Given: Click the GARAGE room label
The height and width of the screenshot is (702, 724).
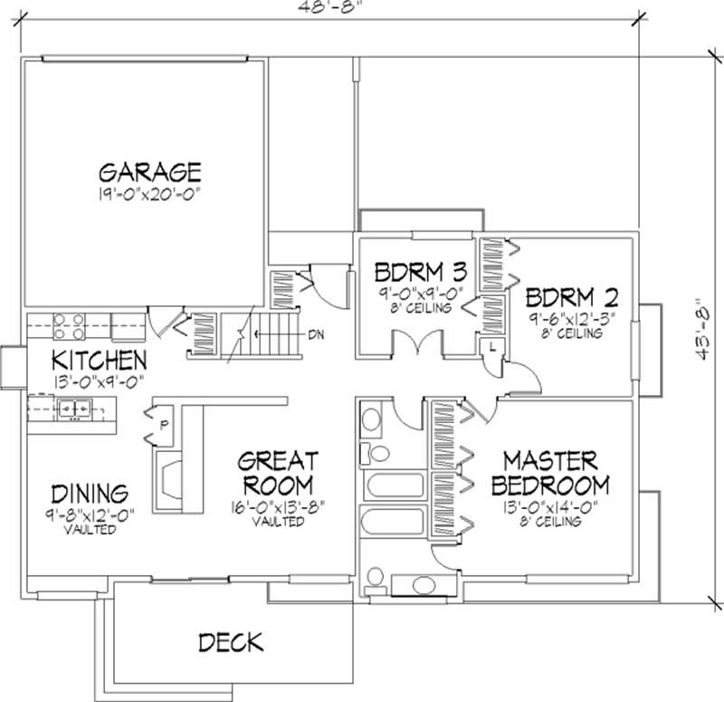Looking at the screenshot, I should coord(149,172).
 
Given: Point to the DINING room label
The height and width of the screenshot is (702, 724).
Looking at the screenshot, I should coord(88,494).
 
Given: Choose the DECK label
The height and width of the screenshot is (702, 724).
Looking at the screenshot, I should coord(230,642).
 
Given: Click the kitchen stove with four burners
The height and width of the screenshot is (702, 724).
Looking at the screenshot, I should coord(70,324).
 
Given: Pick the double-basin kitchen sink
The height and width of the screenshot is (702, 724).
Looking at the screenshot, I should coord(72,410).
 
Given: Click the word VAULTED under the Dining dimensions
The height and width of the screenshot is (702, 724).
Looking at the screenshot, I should coord(89,530).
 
